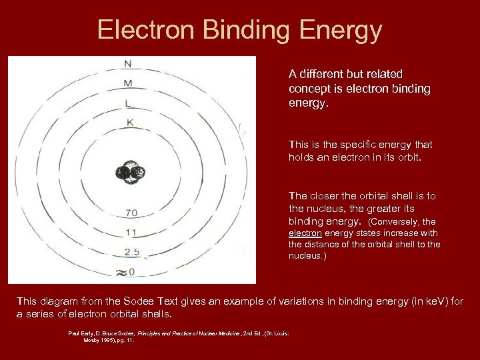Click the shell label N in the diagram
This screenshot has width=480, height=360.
[127, 64]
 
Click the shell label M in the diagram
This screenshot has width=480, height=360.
[127, 83]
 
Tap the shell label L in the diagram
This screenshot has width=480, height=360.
[128, 103]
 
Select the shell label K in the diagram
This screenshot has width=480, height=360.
[130, 122]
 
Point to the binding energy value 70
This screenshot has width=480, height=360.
[131, 213]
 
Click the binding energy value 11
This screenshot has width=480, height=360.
[131, 233]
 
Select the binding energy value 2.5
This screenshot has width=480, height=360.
[131, 252]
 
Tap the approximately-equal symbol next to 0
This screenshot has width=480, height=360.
[120, 272]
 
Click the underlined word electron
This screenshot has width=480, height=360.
[305, 233]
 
